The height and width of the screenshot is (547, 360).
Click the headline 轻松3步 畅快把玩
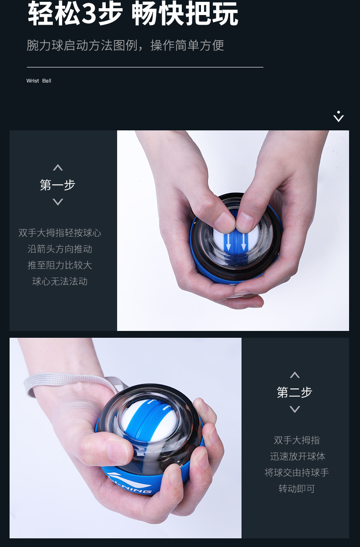[133, 13]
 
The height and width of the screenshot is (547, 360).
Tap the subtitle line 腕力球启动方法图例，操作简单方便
[125, 46]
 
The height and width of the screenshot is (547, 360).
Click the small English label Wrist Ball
[39, 81]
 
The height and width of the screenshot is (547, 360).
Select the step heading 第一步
[57, 185]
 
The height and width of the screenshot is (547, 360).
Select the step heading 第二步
[294, 392]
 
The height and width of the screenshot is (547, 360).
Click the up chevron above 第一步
[58, 168]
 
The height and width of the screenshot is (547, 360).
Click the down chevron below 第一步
[58, 202]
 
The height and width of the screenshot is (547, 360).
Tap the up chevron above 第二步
[295, 375]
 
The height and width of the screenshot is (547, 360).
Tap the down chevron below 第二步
[295, 409]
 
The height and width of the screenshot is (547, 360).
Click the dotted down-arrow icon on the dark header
[339, 117]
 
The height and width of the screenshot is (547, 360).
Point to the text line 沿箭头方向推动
[60, 249]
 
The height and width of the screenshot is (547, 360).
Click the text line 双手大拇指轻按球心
[60, 233]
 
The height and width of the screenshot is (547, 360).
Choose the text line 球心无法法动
[60, 281]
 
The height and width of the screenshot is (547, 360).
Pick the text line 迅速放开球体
[298, 456]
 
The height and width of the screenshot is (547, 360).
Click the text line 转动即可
[297, 489]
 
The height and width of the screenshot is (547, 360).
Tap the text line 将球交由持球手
[297, 473]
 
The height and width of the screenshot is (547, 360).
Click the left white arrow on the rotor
[228, 242]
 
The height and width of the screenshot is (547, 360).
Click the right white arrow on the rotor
[243, 242]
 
